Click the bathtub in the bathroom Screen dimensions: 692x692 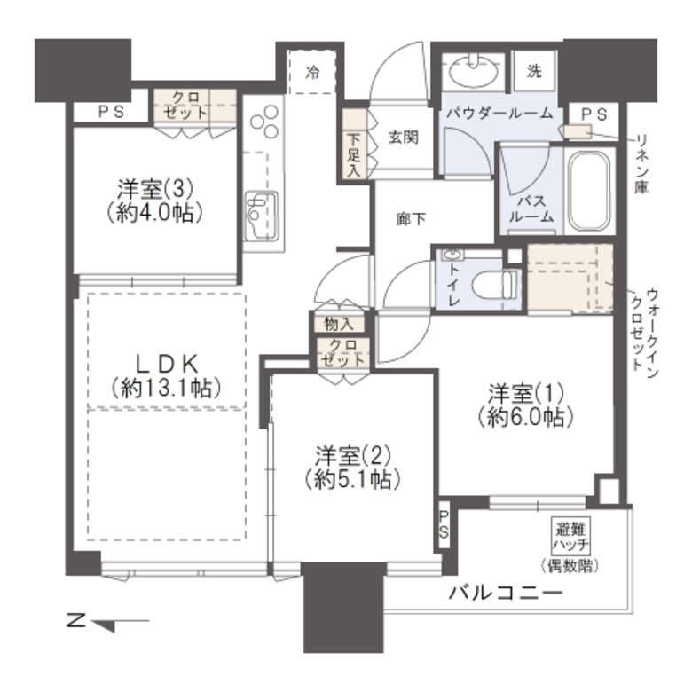pos(589,191)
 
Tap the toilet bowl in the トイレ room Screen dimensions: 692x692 pos(494,286)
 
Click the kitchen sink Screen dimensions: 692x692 pos(261,216)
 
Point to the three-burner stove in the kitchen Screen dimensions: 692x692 pos(264,121)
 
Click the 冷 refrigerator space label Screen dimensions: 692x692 pos(313,72)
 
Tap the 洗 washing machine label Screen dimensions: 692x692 pos(534,71)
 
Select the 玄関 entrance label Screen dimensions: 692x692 pos(404,138)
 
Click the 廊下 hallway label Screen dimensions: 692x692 pos(411,219)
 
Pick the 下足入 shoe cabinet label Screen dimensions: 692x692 pos(353,155)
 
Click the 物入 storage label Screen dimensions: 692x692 pos(339,325)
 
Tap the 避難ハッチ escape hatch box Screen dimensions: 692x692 pos(571,538)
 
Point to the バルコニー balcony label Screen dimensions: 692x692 pos(507,593)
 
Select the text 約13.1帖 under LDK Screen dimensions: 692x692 pos(166,388)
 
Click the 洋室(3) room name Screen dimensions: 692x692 pos(154,190)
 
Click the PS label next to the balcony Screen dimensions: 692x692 pos(444,524)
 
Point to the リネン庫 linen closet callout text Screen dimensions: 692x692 pos(641,164)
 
